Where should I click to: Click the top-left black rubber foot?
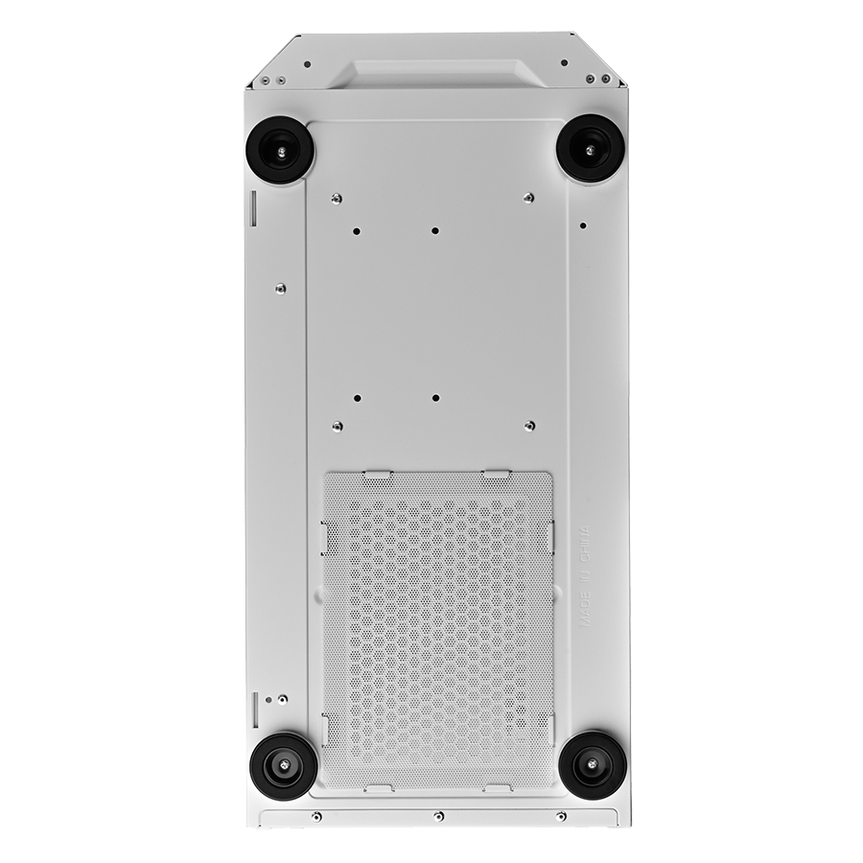[x=282, y=151]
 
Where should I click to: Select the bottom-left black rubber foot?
[x=284, y=765]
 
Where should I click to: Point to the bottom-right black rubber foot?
[x=593, y=763]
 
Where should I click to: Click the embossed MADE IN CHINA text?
[x=585, y=576]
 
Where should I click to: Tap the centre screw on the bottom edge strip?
[x=438, y=815]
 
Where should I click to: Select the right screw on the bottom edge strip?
[x=560, y=815]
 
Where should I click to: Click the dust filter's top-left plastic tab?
[x=378, y=472]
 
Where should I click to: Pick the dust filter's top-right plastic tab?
[x=496, y=472]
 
